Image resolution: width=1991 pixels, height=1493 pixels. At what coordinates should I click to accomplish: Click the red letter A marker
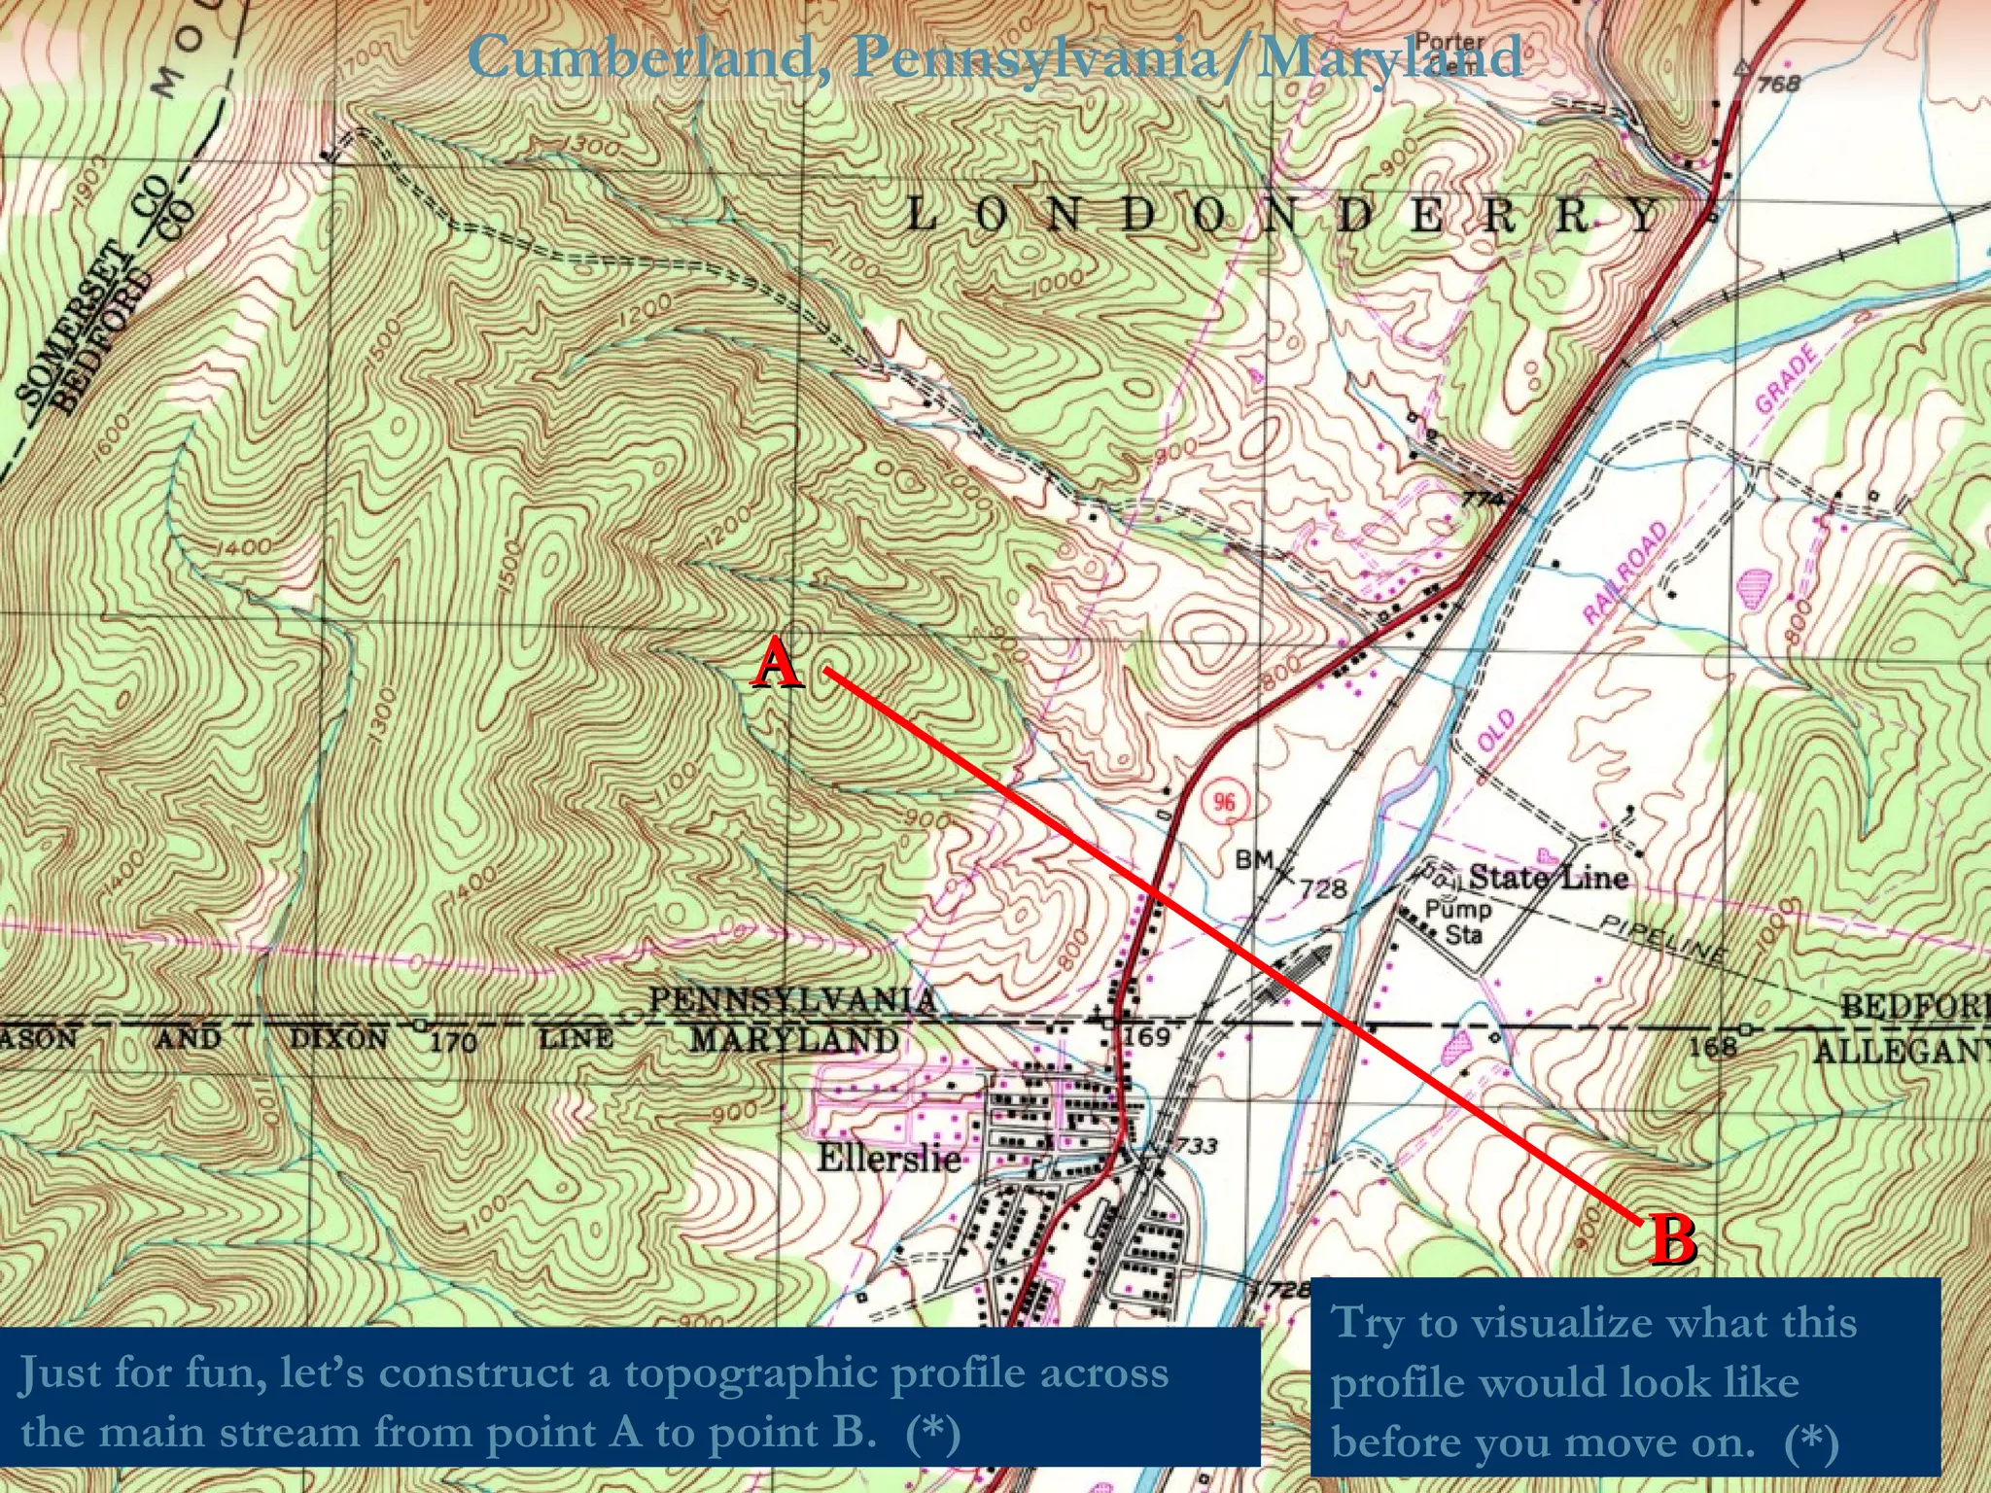pyautogui.click(x=777, y=667)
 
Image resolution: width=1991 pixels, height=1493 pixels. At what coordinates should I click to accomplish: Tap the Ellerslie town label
pyautogui.click(x=889, y=1158)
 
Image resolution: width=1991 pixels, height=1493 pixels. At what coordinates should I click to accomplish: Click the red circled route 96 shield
pyautogui.click(x=1224, y=802)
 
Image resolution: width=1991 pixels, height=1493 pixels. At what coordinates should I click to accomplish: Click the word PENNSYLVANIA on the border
pyautogui.click(x=791, y=1000)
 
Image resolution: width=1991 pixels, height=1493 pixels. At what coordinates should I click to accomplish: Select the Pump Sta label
pyautogui.click(x=1458, y=921)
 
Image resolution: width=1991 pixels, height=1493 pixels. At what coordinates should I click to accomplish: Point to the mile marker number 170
pyautogui.click(x=452, y=1043)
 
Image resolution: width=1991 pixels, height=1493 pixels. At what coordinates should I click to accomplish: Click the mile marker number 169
pyautogui.click(x=1146, y=1037)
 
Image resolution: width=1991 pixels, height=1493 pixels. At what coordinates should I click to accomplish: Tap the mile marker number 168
pyautogui.click(x=1711, y=1046)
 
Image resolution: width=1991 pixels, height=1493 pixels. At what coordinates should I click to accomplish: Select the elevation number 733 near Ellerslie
pyautogui.click(x=1196, y=1145)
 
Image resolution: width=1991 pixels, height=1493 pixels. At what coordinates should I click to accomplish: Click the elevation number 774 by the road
pyautogui.click(x=1483, y=500)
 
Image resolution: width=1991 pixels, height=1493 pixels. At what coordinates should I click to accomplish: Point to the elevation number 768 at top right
pyautogui.click(x=1778, y=84)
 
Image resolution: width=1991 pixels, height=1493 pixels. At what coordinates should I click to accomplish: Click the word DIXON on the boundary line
pyautogui.click(x=338, y=1039)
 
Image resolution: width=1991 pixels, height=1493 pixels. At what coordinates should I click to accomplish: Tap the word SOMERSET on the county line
pyautogui.click(x=73, y=326)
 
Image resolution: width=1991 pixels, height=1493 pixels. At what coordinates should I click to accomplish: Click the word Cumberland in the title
pyautogui.click(x=641, y=56)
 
